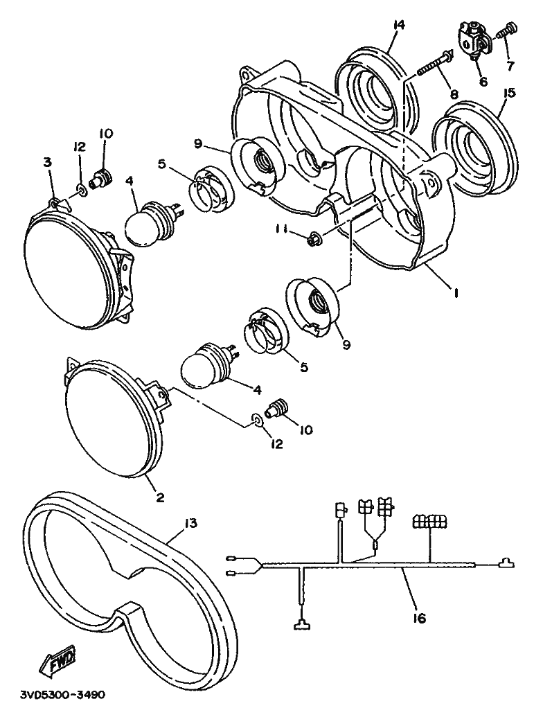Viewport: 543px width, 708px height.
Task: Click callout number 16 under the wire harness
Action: [419, 618]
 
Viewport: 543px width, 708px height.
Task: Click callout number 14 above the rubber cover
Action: [398, 25]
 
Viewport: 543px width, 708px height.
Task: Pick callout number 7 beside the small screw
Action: [510, 66]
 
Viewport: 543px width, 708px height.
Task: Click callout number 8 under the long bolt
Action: [454, 94]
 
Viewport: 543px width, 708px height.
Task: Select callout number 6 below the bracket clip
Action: [483, 82]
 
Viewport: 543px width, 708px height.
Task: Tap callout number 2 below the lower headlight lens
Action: [160, 497]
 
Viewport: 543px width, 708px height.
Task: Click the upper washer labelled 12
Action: [82, 187]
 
